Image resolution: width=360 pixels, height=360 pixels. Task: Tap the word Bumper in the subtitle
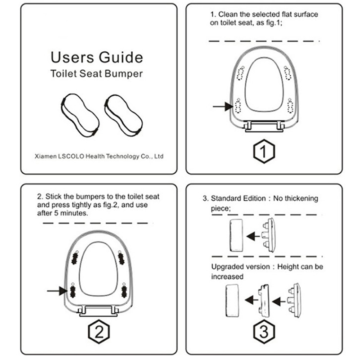(x=123, y=74)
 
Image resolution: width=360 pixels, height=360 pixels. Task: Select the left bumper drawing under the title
(x=80, y=115)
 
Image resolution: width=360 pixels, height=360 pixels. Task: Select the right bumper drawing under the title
(x=123, y=116)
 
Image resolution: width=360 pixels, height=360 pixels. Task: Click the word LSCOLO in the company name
(x=71, y=156)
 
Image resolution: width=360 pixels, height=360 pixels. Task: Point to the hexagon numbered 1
(x=264, y=151)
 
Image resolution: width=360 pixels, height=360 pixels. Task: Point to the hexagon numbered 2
(x=99, y=332)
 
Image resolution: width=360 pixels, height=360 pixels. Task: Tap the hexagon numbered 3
(x=264, y=332)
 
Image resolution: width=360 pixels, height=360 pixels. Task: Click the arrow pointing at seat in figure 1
(x=223, y=107)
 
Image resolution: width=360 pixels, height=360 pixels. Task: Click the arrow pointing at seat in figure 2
(x=57, y=291)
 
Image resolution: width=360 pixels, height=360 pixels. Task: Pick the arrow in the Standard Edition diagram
(x=253, y=236)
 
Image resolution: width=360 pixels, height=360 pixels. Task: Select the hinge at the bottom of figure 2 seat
(x=99, y=311)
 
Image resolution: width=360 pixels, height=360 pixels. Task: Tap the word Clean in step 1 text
(x=228, y=14)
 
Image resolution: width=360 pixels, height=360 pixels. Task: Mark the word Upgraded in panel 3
(x=228, y=267)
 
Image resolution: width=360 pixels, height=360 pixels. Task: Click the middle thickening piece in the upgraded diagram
(x=264, y=301)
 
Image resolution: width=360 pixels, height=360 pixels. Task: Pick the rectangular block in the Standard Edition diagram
(x=236, y=235)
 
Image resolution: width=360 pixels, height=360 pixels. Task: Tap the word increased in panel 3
(x=227, y=277)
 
